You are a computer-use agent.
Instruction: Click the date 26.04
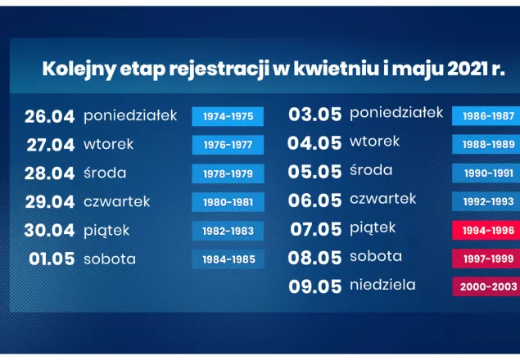(50, 116)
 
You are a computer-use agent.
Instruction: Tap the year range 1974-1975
(228, 116)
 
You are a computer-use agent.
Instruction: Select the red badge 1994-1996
(486, 230)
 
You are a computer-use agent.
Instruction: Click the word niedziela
(382, 285)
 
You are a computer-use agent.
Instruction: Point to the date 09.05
(314, 286)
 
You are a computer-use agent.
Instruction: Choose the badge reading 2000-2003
(486, 286)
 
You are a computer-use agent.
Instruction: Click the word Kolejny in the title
(79, 70)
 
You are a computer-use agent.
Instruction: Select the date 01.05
(52, 259)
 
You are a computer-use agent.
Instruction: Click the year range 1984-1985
(228, 259)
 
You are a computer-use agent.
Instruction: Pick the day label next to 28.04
(105, 173)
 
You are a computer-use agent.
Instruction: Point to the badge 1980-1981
(228, 202)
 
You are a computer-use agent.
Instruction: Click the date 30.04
(49, 231)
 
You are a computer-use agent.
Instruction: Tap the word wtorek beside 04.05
(375, 142)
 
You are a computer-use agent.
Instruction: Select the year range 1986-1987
(486, 115)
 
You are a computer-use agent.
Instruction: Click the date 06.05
(314, 200)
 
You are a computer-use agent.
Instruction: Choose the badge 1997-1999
(486, 259)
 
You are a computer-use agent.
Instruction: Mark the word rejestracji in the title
(219, 70)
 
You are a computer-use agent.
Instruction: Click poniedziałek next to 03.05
(396, 113)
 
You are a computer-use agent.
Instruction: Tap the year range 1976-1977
(228, 145)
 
